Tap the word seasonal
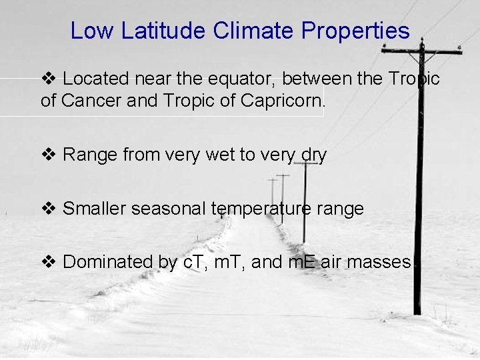coord(170,209)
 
